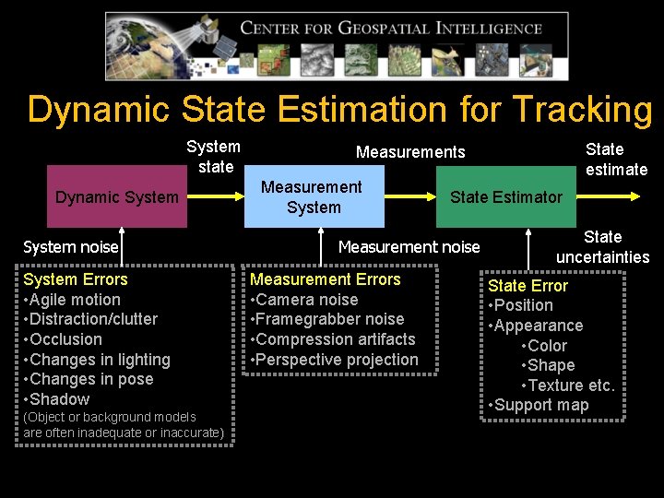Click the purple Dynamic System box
pos(117,196)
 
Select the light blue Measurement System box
pos(314,196)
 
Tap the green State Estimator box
pos(505,196)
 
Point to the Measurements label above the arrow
pos(410,152)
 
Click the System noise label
pos(71,246)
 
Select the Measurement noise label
pos(409,246)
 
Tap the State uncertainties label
pos(602,247)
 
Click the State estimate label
pos(616,159)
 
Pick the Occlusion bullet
pos(65,339)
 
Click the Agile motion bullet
pos(74,300)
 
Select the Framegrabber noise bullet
pos(330,319)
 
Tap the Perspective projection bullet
pos(336,360)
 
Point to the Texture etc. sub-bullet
pos(568,385)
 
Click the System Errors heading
pos(76,279)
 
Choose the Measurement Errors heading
pos(326,279)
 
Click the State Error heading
pos(528,286)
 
